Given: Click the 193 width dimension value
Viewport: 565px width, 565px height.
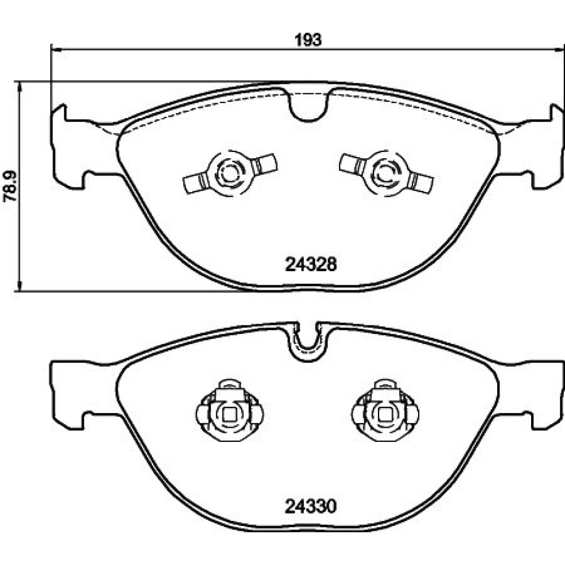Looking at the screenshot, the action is (x=308, y=40).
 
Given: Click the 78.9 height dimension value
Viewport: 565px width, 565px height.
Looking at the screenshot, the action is (x=10, y=186).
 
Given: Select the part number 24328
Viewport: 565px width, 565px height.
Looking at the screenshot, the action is (x=311, y=265).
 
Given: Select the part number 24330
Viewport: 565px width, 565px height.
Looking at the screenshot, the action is (x=311, y=506).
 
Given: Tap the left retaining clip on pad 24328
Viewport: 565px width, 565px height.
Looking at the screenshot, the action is (x=230, y=173).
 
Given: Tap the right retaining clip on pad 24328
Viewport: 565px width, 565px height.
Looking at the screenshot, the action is (x=386, y=173).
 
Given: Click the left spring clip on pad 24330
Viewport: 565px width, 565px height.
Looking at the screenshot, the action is (x=229, y=410).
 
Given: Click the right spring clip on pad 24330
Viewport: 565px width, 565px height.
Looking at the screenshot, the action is (x=385, y=410).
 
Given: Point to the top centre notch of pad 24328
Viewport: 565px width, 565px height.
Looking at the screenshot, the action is (x=309, y=105).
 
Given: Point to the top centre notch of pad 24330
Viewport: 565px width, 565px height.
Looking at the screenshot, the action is (x=307, y=342).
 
